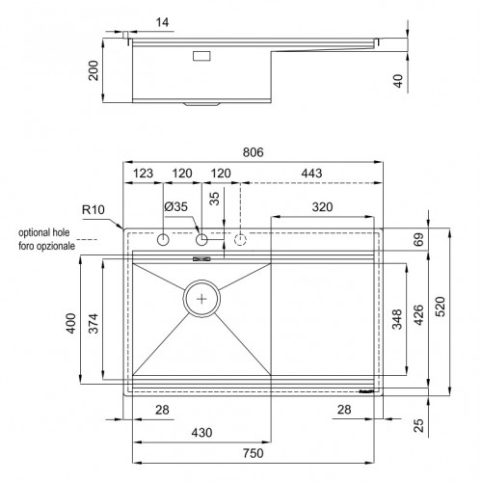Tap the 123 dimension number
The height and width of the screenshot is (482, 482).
143,174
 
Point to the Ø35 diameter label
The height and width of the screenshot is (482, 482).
174,205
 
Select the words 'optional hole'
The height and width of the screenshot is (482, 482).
42,232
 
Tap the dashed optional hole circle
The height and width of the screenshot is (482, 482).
241,238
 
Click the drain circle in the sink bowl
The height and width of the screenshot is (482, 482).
201,299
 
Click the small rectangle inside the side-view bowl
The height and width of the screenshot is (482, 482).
203,56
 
